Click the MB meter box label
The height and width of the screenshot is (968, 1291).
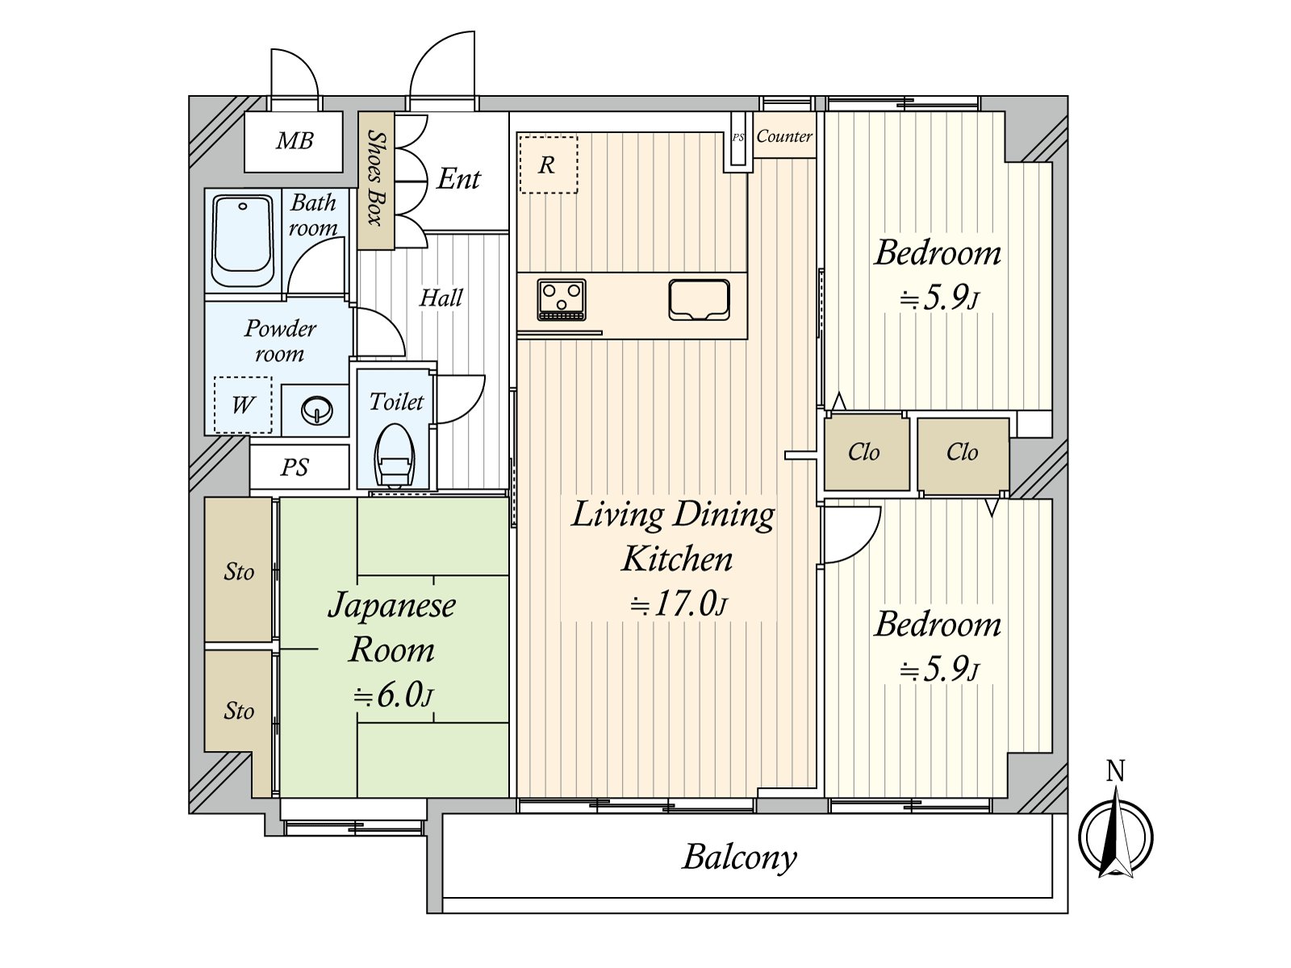(x=294, y=141)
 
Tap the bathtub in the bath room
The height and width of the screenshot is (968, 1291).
(x=242, y=240)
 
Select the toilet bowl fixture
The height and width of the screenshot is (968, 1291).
(x=395, y=456)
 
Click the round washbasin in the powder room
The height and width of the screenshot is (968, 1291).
(x=316, y=411)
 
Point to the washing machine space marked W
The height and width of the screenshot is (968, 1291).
(x=243, y=404)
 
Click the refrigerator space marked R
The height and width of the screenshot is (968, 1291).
(x=548, y=165)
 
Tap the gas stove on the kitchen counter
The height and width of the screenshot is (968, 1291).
(x=562, y=299)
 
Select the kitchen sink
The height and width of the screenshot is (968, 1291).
(x=699, y=299)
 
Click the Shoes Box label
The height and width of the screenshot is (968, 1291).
(x=376, y=177)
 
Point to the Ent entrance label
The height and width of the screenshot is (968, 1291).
(x=458, y=178)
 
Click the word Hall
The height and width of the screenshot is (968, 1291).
(x=441, y=298)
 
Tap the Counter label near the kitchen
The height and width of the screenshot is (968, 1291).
(x=783, y=136)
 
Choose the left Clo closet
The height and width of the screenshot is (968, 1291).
(x=864, y=453)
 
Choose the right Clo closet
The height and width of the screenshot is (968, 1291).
(x=962, y=453)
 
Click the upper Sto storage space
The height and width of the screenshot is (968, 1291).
(x=239, y=572)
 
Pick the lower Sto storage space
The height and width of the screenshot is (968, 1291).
(x=239, y=711)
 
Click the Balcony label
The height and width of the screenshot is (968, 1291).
(x=739, y=857)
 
